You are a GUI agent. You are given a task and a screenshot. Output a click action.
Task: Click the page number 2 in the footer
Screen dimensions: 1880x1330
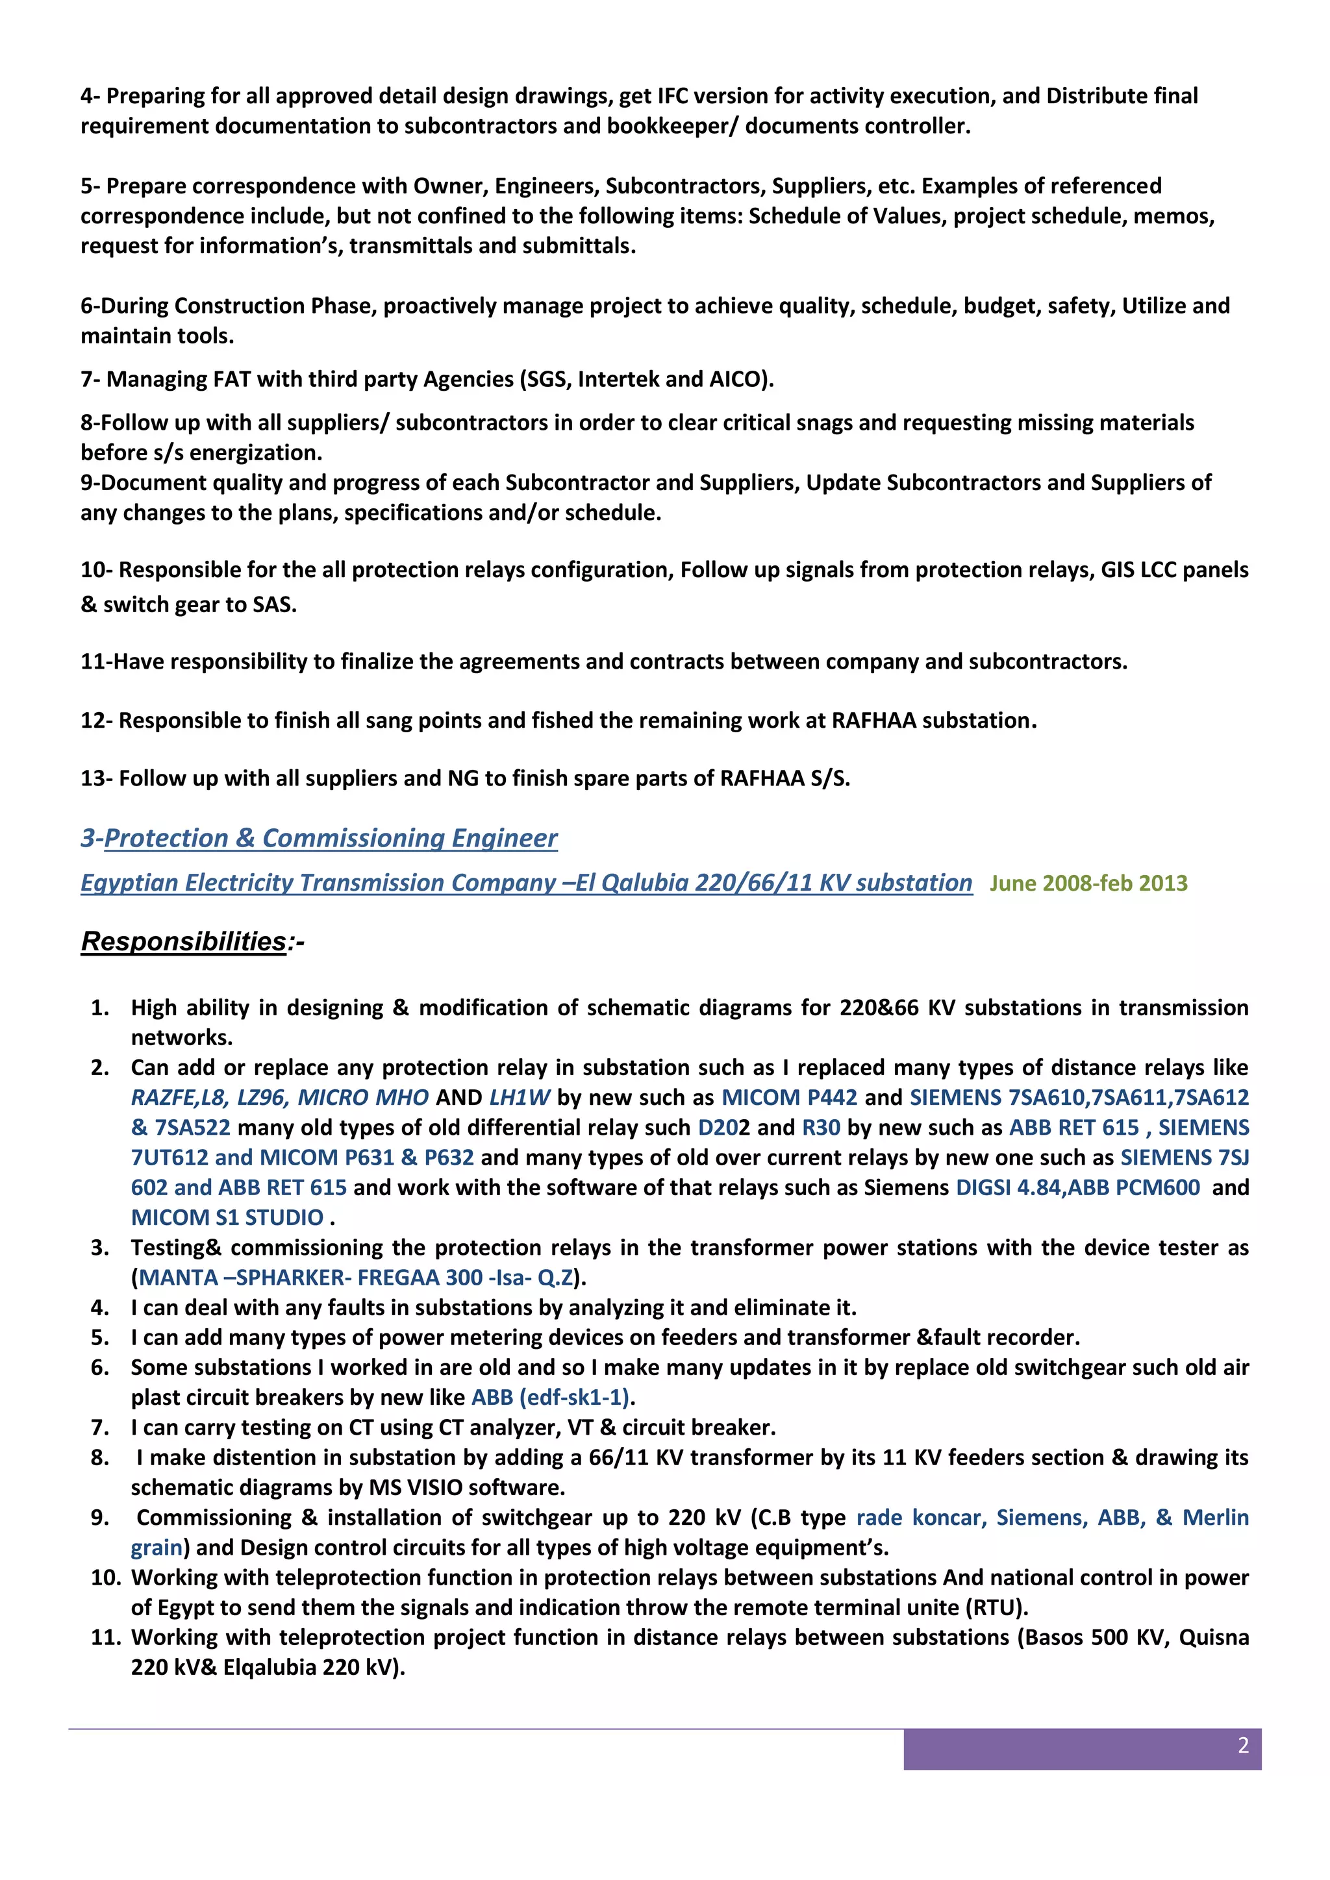tap(1242, 1745)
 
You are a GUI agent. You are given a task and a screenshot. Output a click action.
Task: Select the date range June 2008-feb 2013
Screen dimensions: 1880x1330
tap(1088, 883)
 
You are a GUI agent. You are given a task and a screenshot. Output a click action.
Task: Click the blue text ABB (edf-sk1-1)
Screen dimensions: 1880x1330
tap(549, 1397)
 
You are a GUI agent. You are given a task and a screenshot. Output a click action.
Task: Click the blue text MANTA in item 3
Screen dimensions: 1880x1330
tap(178, 1278)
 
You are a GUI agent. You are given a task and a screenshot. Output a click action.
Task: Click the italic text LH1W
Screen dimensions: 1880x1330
tap(520, 1097)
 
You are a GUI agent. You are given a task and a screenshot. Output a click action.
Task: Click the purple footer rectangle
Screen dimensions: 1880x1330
tap(1081, 1750)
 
